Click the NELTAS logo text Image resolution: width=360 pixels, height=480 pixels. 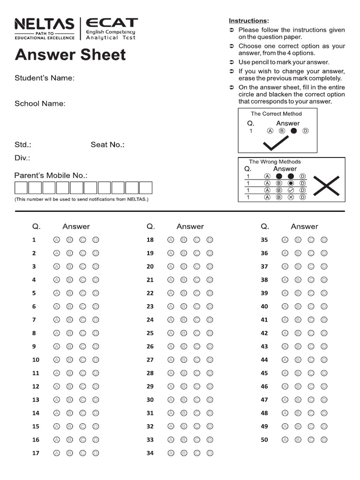click(x=44, y=24)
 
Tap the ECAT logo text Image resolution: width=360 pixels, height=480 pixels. click(x=112, y=22)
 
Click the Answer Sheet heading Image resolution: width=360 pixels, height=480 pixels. click(x=70, y=55)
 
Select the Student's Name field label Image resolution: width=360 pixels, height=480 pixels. click(x=45, y=78)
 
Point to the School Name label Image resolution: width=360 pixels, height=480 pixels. click(x=40, y=104)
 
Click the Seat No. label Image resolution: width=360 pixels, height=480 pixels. click(x=107, y=145)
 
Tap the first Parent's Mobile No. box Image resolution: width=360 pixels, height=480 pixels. click(x=21, y=188)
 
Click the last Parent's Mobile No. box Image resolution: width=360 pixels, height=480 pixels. click(x=146, y=188)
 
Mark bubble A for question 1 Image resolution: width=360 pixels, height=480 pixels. click(x=57, y=240)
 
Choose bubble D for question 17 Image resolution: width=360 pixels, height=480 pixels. click(x=96, y=453)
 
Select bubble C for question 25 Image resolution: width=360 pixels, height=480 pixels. click(x=197, y=333)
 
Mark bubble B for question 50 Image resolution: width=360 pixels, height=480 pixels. click(x=298, y=440)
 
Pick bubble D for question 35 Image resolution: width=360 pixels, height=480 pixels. click(x=324, y=240)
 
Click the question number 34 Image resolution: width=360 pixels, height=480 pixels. click(x=150, y=453)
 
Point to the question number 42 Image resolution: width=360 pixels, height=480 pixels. click(x=264, y=333)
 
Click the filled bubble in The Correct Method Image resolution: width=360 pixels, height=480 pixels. click(x=294, y=131)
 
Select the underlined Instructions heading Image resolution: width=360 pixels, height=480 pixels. click(x=248, y=21)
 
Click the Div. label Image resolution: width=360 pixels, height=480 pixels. click(x=22, y=158)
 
